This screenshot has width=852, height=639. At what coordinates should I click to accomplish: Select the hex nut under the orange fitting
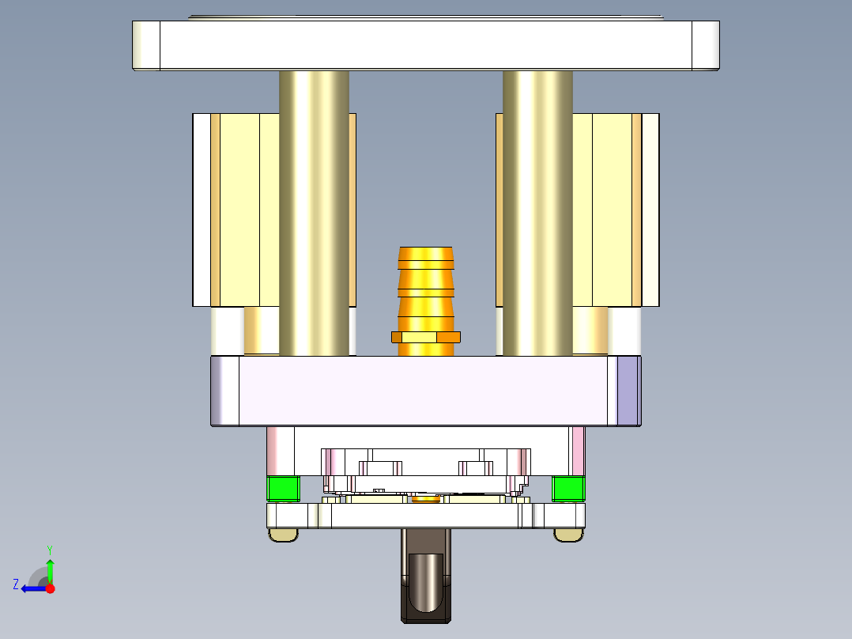(426, 338)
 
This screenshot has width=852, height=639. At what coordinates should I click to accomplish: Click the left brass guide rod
(314, 214)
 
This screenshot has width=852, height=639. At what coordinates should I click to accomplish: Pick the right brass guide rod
(537, 214)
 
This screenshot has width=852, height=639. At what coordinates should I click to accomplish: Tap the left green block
(283, 488)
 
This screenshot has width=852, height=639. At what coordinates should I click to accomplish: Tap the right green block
(568, 488)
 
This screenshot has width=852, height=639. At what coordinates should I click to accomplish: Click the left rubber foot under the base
(284, 535)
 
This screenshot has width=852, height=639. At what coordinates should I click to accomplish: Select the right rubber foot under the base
(568, 535)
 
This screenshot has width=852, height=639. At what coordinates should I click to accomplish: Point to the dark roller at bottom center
(426, 581)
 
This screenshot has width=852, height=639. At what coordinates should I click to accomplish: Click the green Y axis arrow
(50, 569)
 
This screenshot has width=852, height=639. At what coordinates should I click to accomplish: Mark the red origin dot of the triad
(50, 588)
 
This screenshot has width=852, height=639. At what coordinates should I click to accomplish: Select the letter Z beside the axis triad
(16, 584)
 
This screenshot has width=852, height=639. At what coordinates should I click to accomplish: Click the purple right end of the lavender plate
(628, 391)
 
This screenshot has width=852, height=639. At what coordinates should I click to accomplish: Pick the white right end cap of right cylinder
(650, 210)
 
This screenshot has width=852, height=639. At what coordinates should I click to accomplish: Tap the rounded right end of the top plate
(706, 45)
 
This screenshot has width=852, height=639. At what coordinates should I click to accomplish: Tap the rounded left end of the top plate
(145, 45)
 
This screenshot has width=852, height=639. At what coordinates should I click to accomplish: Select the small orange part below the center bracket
(426, 498)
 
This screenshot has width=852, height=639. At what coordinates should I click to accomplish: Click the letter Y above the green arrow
(49, 549)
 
